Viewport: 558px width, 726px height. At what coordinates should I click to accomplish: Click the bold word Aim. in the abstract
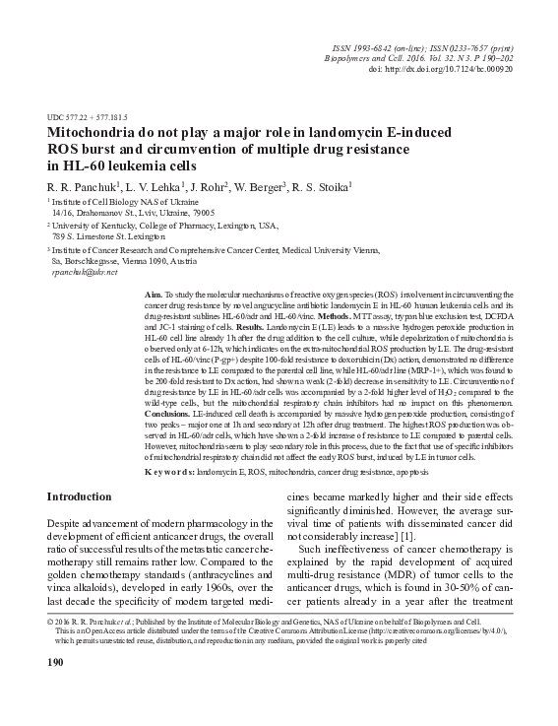[x=154, y=295]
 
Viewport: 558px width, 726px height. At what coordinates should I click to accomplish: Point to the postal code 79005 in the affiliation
[x=210, y=212]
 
